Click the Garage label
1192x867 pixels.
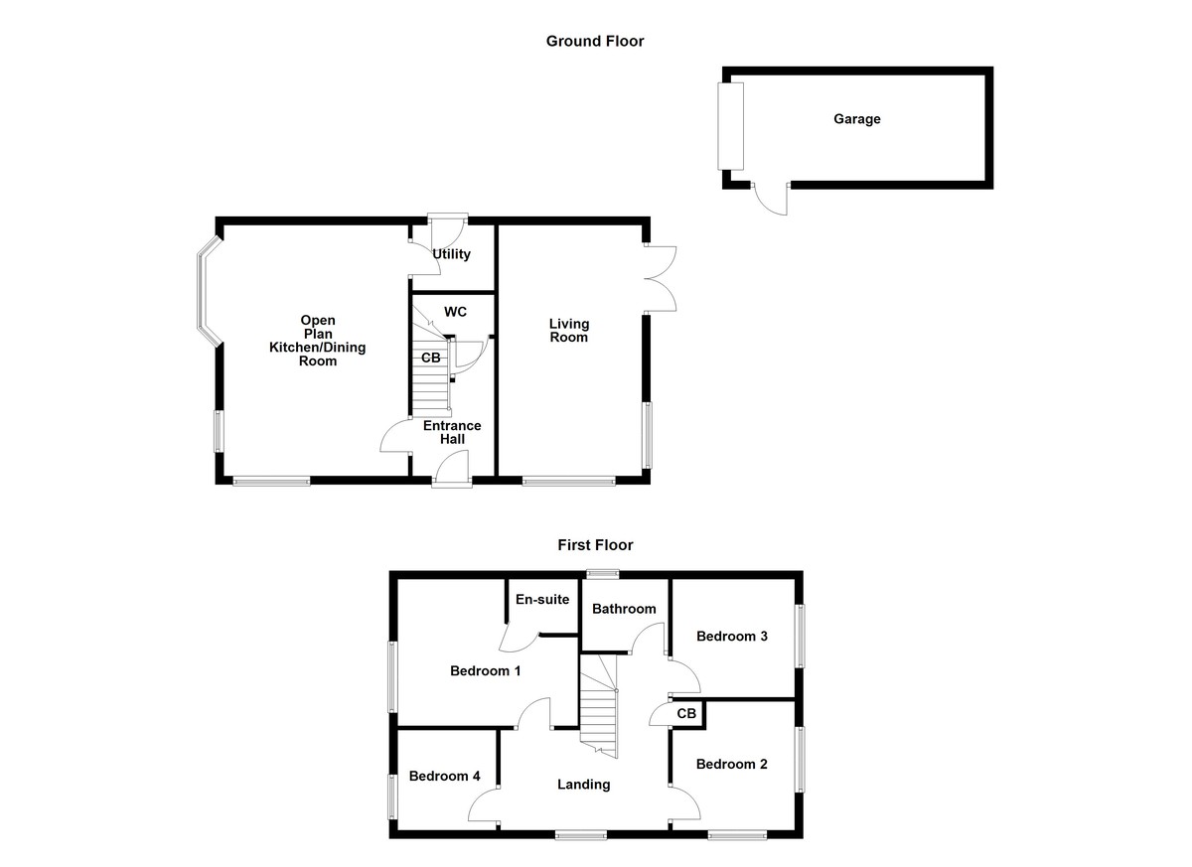856,119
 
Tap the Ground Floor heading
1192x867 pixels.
595,41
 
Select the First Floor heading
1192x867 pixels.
595,545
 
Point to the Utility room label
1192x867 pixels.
451,254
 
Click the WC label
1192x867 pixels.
455,312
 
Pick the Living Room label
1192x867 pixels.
570,331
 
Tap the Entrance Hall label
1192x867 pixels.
452,432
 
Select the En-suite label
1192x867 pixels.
542,599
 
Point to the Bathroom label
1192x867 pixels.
624,609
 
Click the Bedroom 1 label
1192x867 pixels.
486,671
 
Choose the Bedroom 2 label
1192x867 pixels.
732,764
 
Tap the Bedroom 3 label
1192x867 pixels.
732,636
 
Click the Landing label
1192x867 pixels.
583,785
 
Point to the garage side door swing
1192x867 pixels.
771,199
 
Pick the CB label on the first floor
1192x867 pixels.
686,713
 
